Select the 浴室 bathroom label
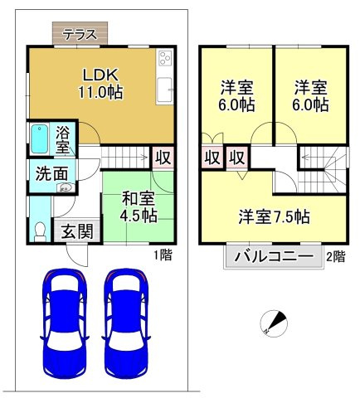pos(63,138)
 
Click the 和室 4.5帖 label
pos(139,206)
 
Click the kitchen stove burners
pos(163,60)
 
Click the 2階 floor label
pos(335,256)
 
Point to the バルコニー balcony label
pos(273,256)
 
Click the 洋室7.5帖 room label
pos(275,217)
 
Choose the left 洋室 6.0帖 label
pos(236,96)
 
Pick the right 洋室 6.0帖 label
pos(310,96)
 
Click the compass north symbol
pos(275,323)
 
